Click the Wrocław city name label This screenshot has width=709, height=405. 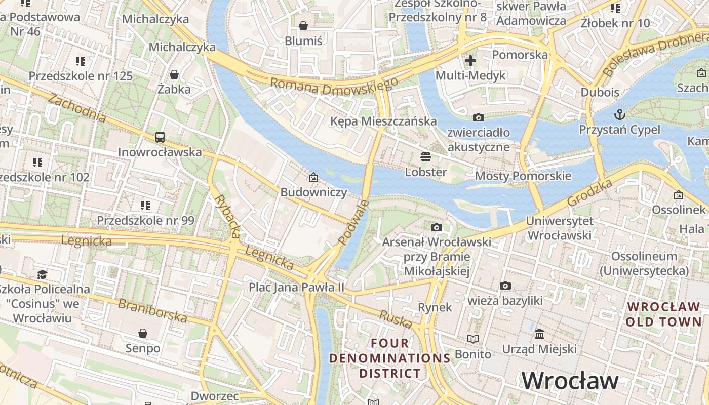tap(570, 380)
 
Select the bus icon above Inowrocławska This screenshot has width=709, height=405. tap(160, 137)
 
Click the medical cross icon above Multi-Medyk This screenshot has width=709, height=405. tap(470, 61)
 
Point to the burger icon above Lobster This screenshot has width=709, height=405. tap(426, 156)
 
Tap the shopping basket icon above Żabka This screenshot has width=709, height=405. tap(174, 74)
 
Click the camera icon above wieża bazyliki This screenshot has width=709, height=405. tap(505, 286)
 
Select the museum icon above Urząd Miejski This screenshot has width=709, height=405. tap(539, 334)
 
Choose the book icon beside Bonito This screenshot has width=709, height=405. tap(473, 339)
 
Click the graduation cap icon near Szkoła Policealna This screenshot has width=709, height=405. tap(42, 274)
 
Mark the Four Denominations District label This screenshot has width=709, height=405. tap(389, 358)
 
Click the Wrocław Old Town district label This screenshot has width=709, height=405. tap(663, 314)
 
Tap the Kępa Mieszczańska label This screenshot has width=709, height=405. tap(383, 121)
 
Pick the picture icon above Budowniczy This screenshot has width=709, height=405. tap(313, 177)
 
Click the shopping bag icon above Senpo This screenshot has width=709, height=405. tap(143, 333)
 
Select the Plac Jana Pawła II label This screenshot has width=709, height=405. tap(296, 287)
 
